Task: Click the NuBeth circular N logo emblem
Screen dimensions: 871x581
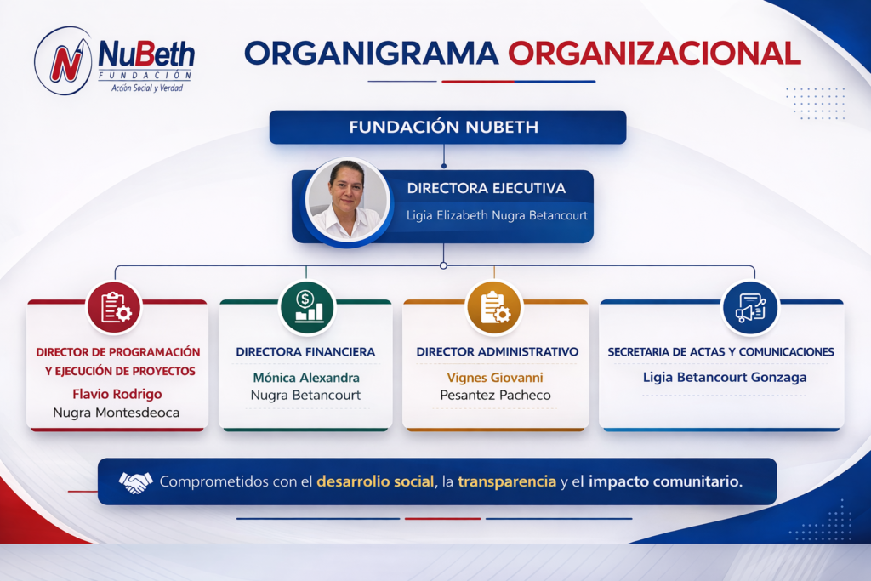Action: coord(63,60)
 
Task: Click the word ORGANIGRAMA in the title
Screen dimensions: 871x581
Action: coord(371,54)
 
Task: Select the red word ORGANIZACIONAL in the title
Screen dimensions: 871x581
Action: coord(654,54)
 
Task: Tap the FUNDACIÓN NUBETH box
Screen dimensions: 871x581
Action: coord(447,128)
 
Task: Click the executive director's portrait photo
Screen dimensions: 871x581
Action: coord(348,201)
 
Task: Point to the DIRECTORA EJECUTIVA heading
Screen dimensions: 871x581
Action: coord(486,188)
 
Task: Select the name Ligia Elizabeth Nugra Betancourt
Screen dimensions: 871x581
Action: coord(497,215)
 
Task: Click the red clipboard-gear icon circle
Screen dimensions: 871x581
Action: coord(115,307)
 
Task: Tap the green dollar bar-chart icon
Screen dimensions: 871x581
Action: coord(307,307)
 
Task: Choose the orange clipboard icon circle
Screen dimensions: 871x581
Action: coord(494,307)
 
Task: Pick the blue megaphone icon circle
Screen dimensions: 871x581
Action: coord(750,307)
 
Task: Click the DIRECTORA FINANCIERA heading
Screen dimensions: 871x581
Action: coord(305,351)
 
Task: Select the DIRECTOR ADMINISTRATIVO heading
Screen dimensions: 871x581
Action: coord(497,351)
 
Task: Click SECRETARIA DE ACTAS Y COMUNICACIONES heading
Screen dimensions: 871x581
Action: coord(721,351)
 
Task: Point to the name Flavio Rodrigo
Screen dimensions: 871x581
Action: coord(117,394)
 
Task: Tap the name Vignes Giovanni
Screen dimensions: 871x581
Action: coord(495,378)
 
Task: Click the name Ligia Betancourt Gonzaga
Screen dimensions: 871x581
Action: coord(725,378)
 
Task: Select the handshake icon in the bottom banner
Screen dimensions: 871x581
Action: coord(135,481)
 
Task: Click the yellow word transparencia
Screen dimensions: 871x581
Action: coord(507,481)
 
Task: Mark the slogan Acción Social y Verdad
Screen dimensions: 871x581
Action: coord(146,88)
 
